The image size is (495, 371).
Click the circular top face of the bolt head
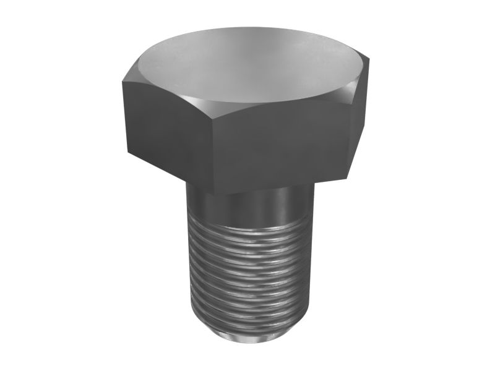(x=247, y=62)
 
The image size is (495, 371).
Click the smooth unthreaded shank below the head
(x=247, y=207)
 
